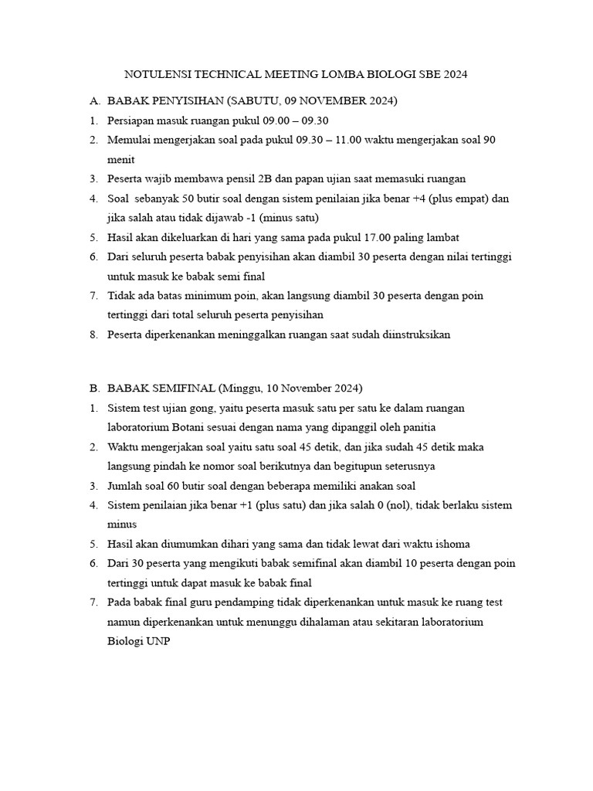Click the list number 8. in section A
[x=93, y=334]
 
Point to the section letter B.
[x=93, y=388]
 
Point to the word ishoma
[x=452, y=544]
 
